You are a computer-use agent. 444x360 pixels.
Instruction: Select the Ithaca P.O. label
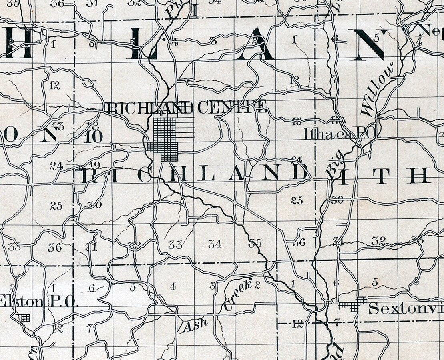pyautogui.click(x=338, y=134)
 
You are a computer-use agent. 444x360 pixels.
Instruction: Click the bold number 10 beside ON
pyautogui.click(x=94, y=136)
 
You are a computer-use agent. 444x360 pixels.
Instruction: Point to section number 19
pyautogui.click(x=94, y=165)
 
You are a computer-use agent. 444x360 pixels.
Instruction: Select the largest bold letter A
pyautogui.click(x=256, y=45)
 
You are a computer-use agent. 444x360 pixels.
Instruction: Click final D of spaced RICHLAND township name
pyautogui.click(x=301, y=173)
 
